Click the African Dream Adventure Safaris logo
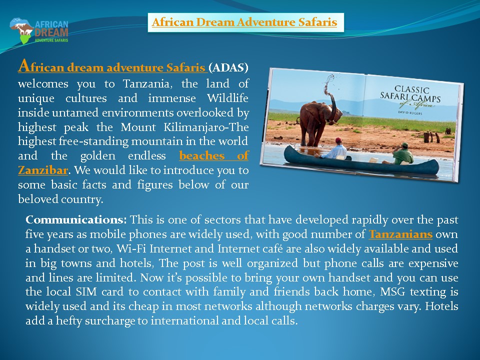39,30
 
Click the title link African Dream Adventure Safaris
244,22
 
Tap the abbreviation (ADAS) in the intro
228,67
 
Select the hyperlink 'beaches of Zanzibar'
213,156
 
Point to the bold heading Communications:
77,220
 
